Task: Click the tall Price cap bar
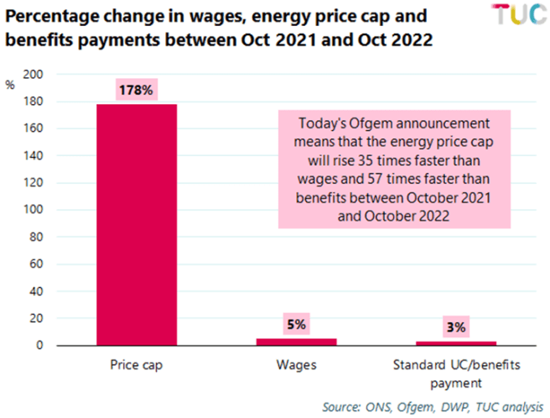[x=137, y=224]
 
